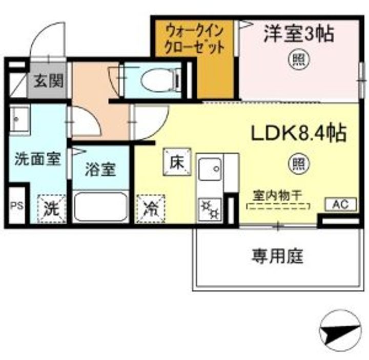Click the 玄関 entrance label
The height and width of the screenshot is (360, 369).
(49, 81)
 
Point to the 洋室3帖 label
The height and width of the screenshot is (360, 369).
(299, 34)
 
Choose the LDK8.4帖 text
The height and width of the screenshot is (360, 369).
(299, 133)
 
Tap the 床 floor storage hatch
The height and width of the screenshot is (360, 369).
(177, 162)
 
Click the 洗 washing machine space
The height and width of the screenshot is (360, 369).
(51, 209)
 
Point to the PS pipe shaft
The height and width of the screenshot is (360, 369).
(17, 206)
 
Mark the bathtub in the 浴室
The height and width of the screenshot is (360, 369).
(101, 206)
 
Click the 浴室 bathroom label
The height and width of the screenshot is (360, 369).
(100, 170)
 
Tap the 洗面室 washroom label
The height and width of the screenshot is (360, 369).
(38, 159)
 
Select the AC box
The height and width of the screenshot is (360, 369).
(341, 204)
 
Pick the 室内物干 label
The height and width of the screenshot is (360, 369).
(277, 196)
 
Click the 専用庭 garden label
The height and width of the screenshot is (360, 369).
(278, 257)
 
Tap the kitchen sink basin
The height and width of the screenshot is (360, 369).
(210, 169)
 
